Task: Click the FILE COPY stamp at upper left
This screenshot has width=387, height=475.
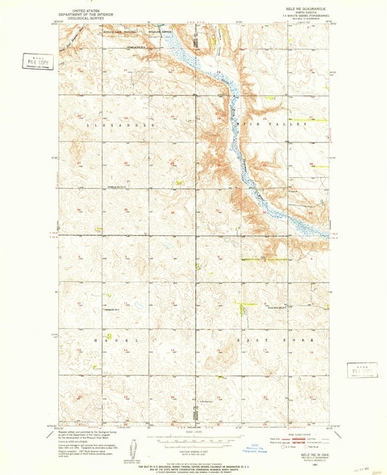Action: coord(31,62)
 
